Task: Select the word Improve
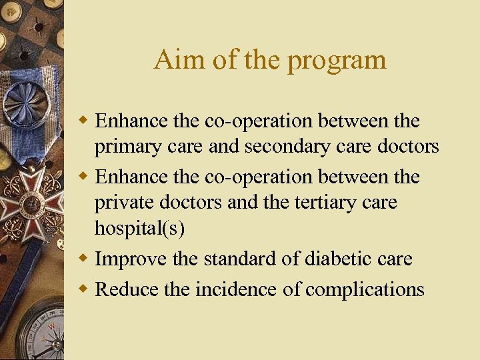tap(131, 259)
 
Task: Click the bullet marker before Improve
tap(84, 259)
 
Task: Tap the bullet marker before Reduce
tap(84, 288)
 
